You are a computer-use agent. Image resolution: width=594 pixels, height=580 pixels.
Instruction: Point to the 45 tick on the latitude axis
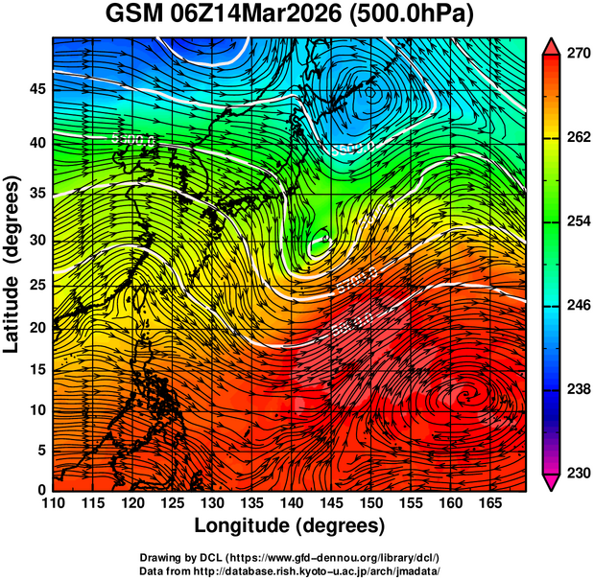pyautogui.click(x=37, y=89)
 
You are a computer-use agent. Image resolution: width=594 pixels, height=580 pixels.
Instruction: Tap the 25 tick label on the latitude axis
pyautogui.click(x=37, y=285)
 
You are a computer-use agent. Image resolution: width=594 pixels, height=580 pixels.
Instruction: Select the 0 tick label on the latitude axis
pyautogui.click(x=41, y=489)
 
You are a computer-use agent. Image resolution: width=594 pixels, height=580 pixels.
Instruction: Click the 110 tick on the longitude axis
pyautogui.click(x=53, y=503)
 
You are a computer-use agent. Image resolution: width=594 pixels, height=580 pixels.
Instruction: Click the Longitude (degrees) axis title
pyautogui.click(x=290, y=525)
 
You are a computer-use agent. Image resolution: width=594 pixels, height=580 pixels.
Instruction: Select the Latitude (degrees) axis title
pyautogui.click(x=13, y=262)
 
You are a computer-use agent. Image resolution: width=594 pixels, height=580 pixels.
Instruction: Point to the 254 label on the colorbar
pyautogui.click(x=576, y=221)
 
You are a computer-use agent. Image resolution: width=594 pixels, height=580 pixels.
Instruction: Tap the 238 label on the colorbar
pyautogui.click(x=576, y=389)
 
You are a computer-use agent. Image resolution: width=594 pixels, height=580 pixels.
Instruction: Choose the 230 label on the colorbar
pyautogui.click(x=576, y=473)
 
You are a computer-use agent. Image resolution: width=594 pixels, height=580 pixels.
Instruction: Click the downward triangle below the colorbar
pyautogui.click(x=552, y=481)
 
